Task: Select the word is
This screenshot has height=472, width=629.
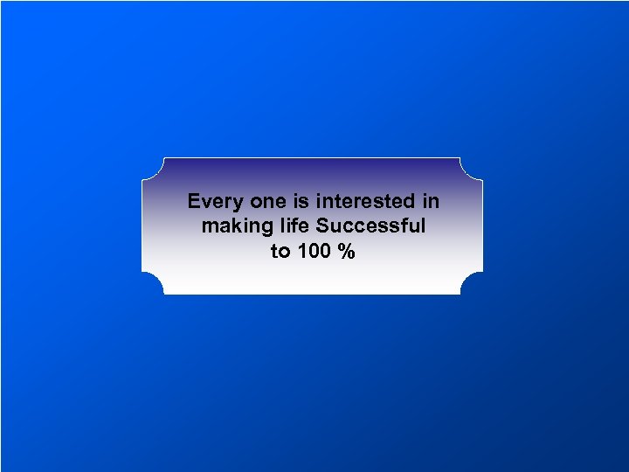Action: (299, 202)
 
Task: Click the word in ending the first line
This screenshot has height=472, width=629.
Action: (431, 202)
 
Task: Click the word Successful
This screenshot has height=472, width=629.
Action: (371, 226)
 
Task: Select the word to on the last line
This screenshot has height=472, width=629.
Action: (280, 252)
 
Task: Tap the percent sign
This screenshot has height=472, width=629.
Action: (348, 252)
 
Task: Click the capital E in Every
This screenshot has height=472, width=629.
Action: (194, 202)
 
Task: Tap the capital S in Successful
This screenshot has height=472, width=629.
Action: (323, 226)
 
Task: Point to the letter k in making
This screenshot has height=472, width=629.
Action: (229, 226)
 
